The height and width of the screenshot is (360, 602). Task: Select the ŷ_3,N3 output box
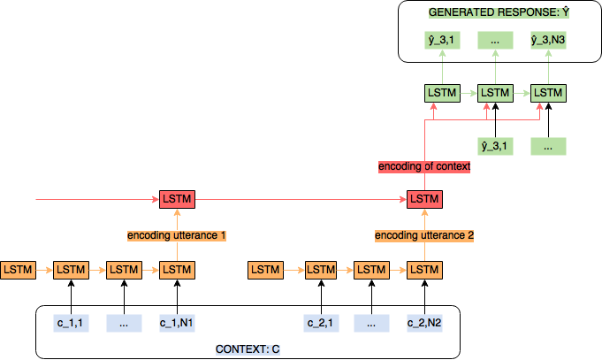click(548, 40)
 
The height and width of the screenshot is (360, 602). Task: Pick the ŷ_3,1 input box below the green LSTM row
click(495, 145)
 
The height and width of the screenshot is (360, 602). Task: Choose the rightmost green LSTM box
click(548, 92)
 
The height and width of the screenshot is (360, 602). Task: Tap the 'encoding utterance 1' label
click(177, 235)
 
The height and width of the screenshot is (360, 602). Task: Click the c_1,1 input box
click(71, 323)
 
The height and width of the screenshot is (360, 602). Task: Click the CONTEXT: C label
click(248, 349)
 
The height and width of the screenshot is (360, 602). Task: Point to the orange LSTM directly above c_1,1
click(71, 269)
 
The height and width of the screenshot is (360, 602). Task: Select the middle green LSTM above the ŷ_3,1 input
click(495, 92)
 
